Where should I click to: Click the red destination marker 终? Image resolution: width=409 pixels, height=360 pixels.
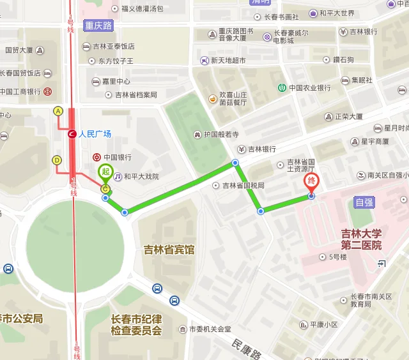point(312,181)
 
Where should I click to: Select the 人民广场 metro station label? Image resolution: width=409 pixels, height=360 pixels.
point(95,134)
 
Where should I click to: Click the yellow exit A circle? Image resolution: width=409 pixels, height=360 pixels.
point(58,111)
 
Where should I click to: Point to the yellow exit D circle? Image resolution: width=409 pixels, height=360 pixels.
point(57,160)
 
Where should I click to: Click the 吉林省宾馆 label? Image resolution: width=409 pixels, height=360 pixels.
point(169,250)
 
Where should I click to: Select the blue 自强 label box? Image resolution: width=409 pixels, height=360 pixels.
point(364,202)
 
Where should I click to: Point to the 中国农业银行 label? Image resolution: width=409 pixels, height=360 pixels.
point(309,87)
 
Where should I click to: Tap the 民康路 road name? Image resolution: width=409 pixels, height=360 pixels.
point(247,348)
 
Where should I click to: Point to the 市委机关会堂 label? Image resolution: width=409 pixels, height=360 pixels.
point(209,329)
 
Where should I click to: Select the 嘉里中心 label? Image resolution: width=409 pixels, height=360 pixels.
point(116,81)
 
